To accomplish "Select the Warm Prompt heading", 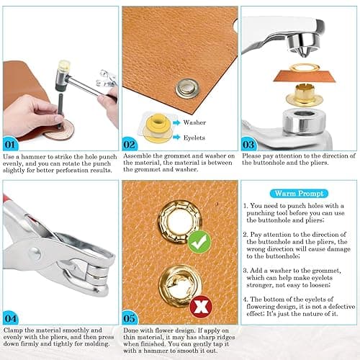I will (295, 192).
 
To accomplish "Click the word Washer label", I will (195, 123).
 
